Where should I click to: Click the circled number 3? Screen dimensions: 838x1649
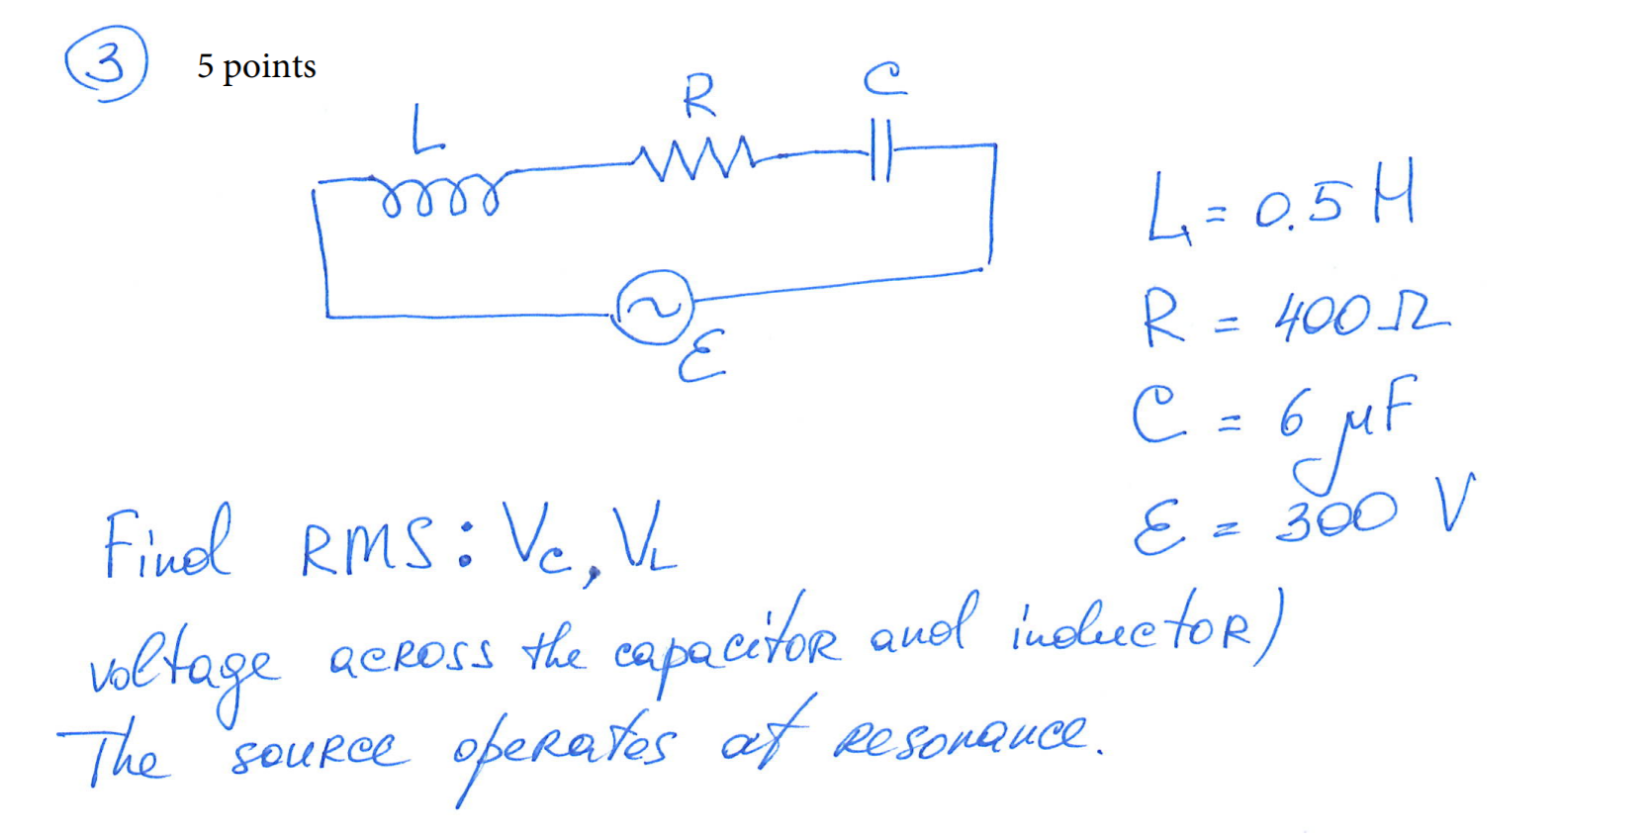pos(106,63)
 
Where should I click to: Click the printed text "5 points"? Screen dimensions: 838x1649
pos(256,66)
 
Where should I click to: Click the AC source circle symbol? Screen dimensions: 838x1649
pos(654,308)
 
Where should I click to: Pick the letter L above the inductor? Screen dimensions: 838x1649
pos(426,131)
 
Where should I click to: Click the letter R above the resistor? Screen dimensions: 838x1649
pos(698,96)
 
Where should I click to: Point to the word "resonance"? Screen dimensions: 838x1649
pos(964,734)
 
